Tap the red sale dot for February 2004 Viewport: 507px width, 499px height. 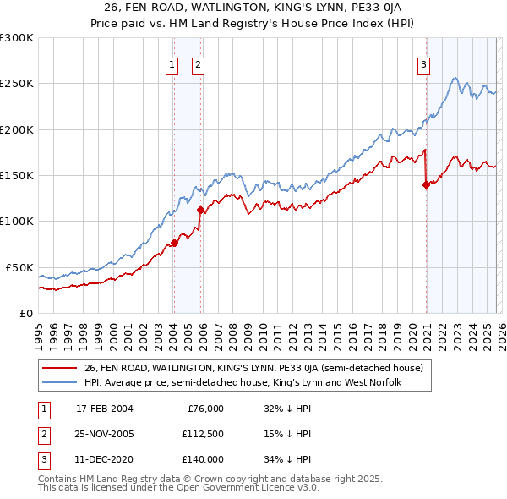[x=174, y=243]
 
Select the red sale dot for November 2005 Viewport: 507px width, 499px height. [x=200, y=210]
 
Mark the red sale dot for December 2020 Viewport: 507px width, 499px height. [x=426, y=184]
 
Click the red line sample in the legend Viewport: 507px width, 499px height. [x=59, y=368]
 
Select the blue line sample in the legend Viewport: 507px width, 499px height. [x=59, y=382]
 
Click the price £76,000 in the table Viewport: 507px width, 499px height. [x=205, y=409]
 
